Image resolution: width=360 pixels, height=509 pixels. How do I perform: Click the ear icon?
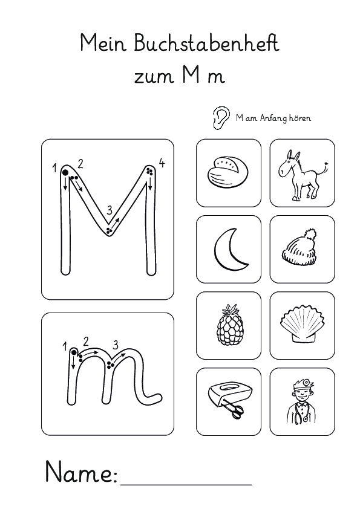[x=222, y=117]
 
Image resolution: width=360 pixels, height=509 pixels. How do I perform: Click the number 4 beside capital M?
[x=161, y=163]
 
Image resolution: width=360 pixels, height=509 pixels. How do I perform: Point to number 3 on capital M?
[x=110, y=210]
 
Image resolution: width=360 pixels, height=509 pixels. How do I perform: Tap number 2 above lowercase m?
[x=86, y=340]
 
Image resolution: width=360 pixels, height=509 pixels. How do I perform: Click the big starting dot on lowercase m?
[x=73, y=352]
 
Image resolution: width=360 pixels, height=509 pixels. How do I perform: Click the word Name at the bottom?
[x=80, y=472]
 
